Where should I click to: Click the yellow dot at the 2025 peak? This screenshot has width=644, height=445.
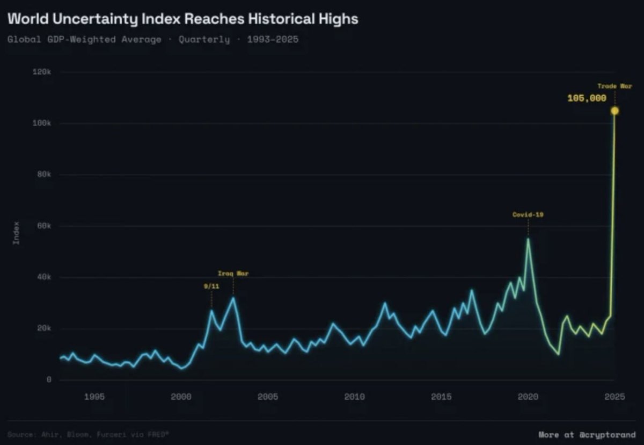point(614,111)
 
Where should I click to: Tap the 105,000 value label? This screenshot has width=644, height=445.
point(587,98)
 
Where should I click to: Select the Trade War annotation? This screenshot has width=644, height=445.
point(614,86)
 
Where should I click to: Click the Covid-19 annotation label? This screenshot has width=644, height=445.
point(528,214)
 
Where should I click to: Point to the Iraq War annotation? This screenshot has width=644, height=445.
point(233,274)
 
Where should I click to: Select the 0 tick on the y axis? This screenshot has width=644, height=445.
point(48,380)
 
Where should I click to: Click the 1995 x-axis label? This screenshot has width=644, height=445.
point(94,397)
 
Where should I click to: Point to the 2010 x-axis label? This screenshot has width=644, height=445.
point(354,397)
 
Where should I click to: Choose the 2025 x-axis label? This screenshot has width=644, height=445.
point(614,397)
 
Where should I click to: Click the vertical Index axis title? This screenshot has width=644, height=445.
point(16,233)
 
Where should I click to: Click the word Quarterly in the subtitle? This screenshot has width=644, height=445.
point(204,40)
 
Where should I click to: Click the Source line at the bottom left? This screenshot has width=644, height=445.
point(89,434)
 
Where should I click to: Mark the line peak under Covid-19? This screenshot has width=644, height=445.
point(528,239)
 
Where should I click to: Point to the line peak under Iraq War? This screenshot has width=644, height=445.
point(233,297)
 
